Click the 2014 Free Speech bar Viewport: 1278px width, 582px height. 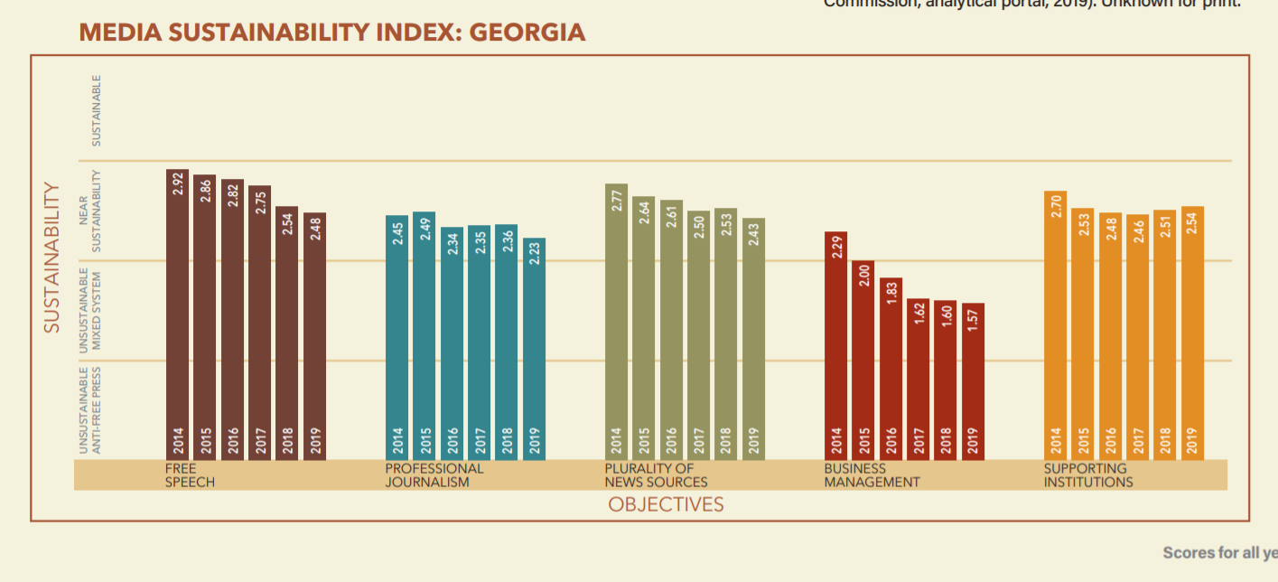[178, 316]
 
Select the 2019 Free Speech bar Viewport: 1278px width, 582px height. [314, 339]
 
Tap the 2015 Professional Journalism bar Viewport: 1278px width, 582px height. [424, 339]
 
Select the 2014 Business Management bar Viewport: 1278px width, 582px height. [836, 348]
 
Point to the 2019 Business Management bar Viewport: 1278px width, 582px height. [973, 383]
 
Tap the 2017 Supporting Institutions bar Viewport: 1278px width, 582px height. [1138, 339]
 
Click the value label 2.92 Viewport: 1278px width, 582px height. [178, 183]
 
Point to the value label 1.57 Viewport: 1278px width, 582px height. [973, 319]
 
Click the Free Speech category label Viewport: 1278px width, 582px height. [190, 475]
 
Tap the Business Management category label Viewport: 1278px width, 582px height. [871, 475]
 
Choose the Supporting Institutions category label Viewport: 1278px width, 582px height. [1087, 475]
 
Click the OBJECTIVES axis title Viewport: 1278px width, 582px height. [666, 504]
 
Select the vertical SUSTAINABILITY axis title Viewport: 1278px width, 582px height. [52, 258]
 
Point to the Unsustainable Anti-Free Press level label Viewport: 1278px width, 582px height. [89, 409]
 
